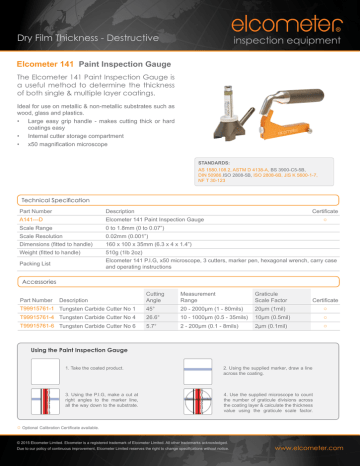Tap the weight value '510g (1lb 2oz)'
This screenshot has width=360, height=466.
(129, 253)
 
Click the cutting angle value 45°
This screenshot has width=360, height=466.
(138, 308)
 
